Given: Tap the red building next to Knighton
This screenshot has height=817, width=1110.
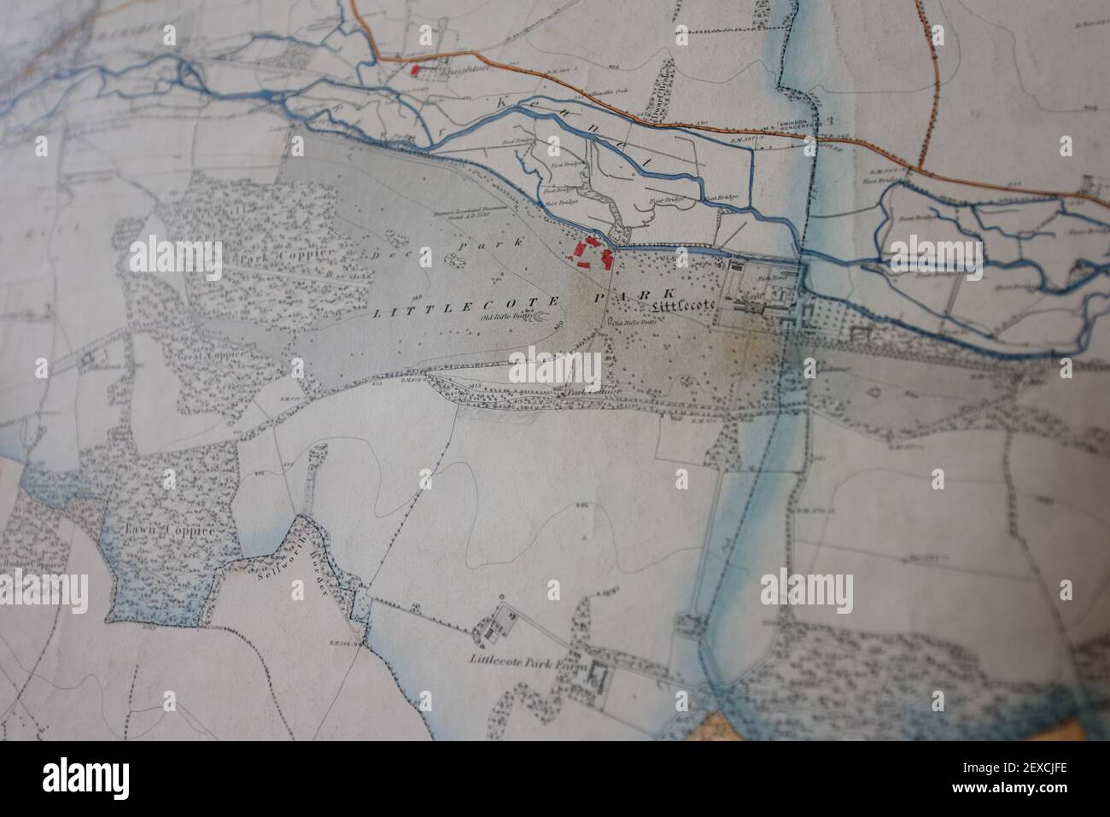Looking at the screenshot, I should [416, 70].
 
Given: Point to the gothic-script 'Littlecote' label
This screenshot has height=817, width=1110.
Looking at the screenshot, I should [681, 305].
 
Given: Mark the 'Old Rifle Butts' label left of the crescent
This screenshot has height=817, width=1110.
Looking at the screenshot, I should [505, 317].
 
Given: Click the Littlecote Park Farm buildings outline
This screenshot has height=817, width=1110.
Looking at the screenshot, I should [594, 680].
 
